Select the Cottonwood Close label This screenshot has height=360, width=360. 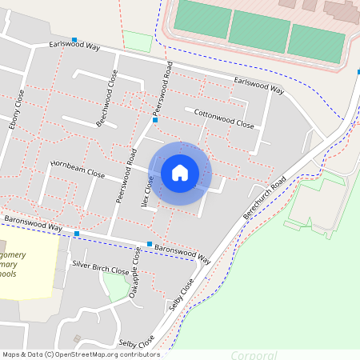click(x=224, y=118)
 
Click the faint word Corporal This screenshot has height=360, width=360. click(x=254, y=355)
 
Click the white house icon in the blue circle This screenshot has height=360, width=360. click(x=180, y=173)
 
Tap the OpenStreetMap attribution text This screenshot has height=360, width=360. click(x=81, y=354)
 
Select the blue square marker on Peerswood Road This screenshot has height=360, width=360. click(x=156, y=120)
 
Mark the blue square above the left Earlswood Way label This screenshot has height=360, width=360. click(x=74, y=39)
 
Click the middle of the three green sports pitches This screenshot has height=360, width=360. click(x=258, y=31)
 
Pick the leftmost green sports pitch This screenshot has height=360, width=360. click(x=202, y=18)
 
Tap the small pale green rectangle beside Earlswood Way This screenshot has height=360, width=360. click(x=138, y=41)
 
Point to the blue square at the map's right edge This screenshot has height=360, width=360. click(x=358, y=72)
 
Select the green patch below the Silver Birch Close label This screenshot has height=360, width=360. click(x=117, y=286)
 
